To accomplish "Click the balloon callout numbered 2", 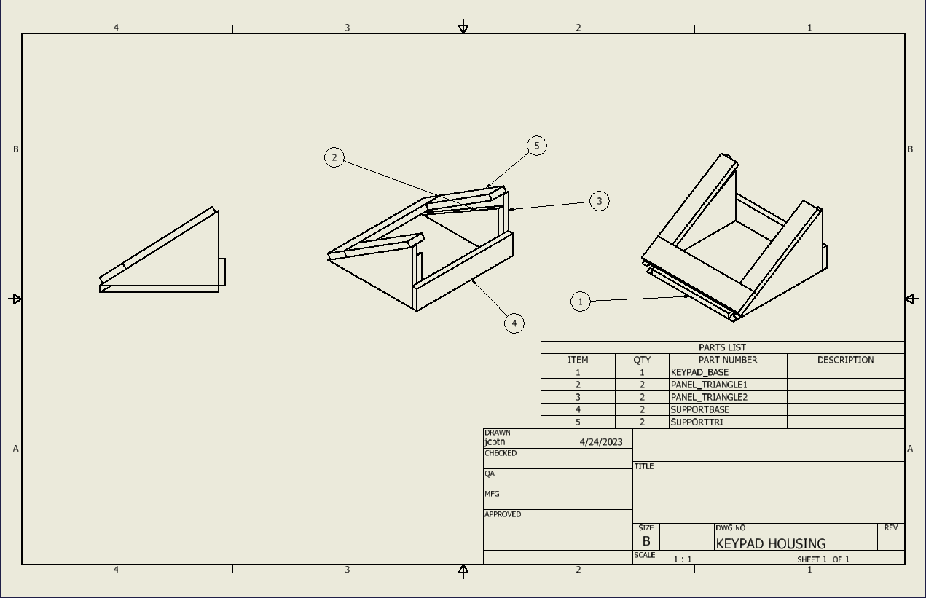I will click(334, 157).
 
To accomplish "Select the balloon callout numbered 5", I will click(537, 146).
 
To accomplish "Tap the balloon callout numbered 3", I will click(600, 201).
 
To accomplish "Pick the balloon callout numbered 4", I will click(514, 323).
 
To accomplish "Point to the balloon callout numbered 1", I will click(581, 302).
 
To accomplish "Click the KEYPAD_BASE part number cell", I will click(699, 372).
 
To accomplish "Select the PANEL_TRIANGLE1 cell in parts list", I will click(709, 385).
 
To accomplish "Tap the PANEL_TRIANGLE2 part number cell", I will click(709, 397).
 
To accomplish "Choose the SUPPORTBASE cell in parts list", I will click(699, 409).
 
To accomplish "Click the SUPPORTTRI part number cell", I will click(697, 422).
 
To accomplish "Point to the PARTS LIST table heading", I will click(722, 347).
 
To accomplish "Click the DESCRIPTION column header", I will click(845, 360).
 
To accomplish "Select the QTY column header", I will click(642, 360).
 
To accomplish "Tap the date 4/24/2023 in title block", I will click(601, 442).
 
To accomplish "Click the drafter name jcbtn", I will click(495, 441).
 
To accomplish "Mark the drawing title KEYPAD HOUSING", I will click(771, 543).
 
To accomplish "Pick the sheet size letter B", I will click(646, 542).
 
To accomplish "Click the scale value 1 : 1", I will click(683, 559).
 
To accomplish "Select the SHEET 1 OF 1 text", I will click(823, 559).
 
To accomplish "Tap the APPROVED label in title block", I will click(503, 514).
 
